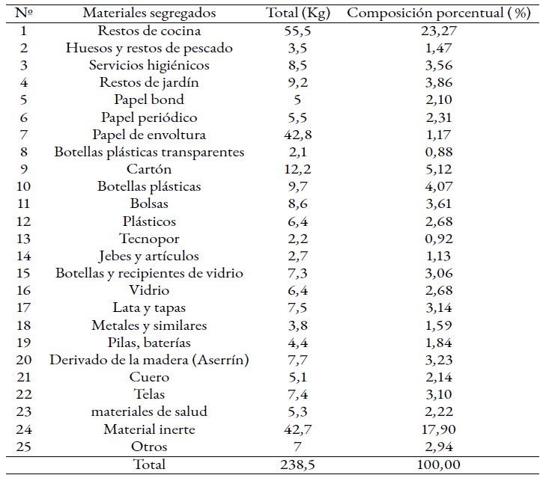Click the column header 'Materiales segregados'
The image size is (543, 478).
tap(149, 13)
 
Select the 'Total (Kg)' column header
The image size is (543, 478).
tap(298, 13)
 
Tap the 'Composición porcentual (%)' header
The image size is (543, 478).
tap(439, 13)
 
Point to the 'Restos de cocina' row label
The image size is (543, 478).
tap(149, 31)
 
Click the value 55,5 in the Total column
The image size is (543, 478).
tap(298, 31)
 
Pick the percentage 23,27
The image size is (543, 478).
tap(439, 31)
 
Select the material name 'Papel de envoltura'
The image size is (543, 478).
tap(149, 135)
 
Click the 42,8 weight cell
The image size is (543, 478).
tap(298, 135)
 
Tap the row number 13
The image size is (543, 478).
tap(23, 239)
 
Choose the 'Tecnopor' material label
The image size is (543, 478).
tap(149, 239)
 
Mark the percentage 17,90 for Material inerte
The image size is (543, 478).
tap(439, 429)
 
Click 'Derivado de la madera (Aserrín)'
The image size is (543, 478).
tap(149, 360)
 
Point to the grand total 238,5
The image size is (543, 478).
tap(298, 465)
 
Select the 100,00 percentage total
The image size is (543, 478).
tap(439, 465)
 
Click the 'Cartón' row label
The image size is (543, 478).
tap(149, 169)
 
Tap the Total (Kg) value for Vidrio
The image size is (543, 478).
tap(298, 290)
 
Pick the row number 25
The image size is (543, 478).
tap(23, 447)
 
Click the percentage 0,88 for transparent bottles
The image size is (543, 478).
tap(439, 152)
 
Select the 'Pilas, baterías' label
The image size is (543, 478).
tap(149, 343)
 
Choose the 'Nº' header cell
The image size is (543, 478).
tap(23, 13)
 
